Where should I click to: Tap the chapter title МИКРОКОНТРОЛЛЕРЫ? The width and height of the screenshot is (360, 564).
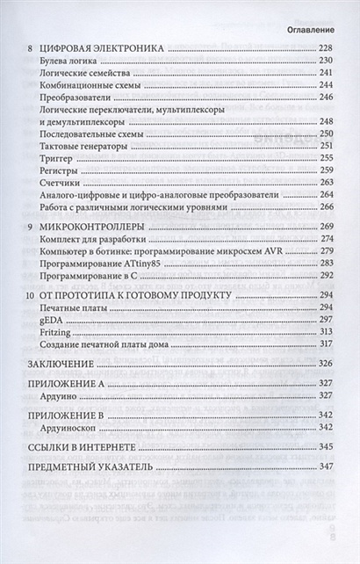pos(92,228)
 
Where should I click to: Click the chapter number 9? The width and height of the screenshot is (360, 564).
pos(31,228)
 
